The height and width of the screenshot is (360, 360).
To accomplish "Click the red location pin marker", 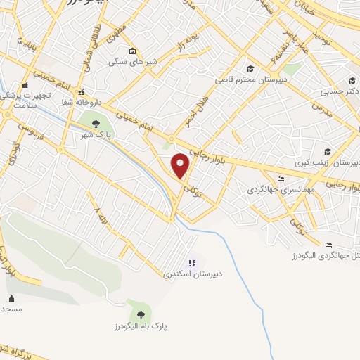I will point(181,165).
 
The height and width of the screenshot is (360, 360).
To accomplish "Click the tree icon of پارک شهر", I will point(96,124).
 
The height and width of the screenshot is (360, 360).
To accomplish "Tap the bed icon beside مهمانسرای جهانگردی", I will point(281,179).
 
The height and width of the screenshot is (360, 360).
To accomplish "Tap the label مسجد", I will point(11,309).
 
